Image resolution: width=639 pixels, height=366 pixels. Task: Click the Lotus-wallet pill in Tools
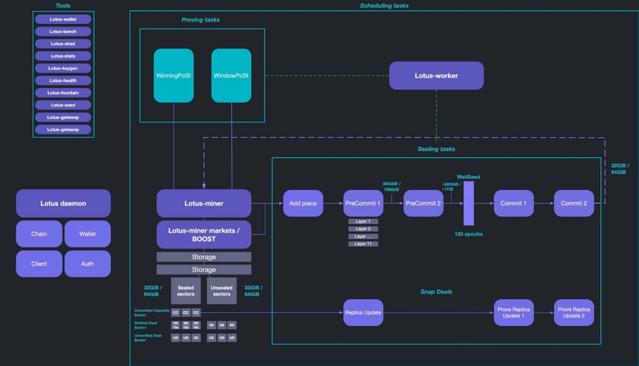[x=63, y=19]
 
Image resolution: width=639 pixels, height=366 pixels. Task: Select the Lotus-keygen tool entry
[x=63, y=68]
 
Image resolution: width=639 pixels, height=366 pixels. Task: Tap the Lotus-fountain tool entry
[x=63, y=93]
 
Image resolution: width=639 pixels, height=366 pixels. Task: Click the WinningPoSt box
[x=174, y=76]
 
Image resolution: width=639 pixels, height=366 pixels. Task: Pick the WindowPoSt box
[x=231, y=76]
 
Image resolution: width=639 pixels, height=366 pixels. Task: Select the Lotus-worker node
[x=436, y=76]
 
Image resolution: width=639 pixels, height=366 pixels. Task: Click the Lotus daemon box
[x=63, y=203]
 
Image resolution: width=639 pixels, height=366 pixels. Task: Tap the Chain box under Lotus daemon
[x=39, y=234]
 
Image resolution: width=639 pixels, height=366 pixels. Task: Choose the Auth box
[x=87, y=264]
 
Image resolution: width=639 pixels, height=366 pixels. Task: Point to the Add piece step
[x=303, y=203]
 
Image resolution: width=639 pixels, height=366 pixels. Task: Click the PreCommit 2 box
[x=423, y=203]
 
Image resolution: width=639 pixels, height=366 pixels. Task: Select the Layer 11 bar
[x=363, y=244]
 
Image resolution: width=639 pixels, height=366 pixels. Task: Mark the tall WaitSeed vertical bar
[x=469, y=203]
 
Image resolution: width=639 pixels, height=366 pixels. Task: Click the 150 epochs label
[x=469, y=234]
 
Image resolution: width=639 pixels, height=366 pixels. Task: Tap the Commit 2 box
[x=574, y=203]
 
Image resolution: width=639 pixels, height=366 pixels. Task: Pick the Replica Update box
[x=363, y=313]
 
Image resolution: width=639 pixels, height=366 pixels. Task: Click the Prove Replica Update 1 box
[x=513, y=313]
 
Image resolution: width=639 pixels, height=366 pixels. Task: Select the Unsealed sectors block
[x=222, y=291]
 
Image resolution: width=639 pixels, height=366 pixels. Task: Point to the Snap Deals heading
[x=436, y=292]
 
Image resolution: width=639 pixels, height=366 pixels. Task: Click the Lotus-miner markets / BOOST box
[x=204, y=235]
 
